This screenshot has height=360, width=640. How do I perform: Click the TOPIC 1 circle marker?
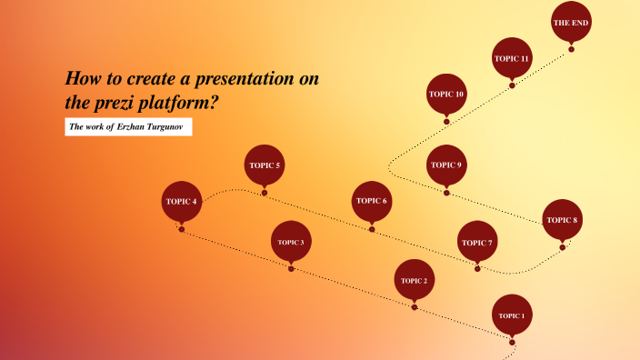pyautogui.click(x=512, y=315)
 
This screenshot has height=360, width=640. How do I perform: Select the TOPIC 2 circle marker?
pyautogui.click(x=414, y=280)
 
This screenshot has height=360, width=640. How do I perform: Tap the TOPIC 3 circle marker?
pyautogui.click(x=291, y=242)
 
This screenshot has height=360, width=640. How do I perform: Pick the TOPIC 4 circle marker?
pyautogui.click(x=181, y=202)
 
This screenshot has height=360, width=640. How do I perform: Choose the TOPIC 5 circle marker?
pyautogui.click(x=265, y=165)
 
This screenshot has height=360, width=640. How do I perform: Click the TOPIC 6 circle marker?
pyautogui.click(x=372, y=201)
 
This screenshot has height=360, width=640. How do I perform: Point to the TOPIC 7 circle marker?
pyautogui.click(x=477, y=242)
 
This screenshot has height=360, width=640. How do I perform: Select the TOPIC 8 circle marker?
pyautogui.click(x=562, y=220)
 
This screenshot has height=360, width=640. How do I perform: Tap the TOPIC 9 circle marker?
pyautogui.click(x=446, y=165)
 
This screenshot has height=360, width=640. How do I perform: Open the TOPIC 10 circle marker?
pyautogui.click(x=446, y=94)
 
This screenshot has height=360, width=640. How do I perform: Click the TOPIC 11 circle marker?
pyautogui.click(x=512, y=58)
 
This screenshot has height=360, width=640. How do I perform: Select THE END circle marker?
pyautogui.click(x=572, y=23)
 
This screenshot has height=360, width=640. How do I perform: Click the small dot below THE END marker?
pyautogui.click(x=572, y=49)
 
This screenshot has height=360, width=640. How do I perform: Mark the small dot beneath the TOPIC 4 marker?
pyautogui.click(x=182, y=229)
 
